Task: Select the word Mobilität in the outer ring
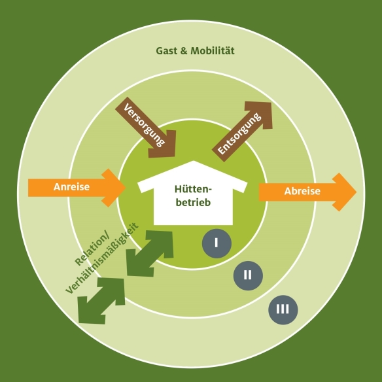point(213,50)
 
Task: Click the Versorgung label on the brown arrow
point(144,125)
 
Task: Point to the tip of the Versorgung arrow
point(175,156)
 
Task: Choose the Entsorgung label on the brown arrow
point(239,133)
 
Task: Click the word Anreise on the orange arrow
point(72,187)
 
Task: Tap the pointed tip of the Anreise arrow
point(126,188)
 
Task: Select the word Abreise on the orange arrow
point(302,191)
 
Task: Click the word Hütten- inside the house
point(193,189)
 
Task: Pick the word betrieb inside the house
point(193,203)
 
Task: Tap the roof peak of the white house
point(194,161)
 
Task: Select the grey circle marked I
point(217,243)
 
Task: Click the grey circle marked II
point(248,275)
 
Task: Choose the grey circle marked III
point(283,309)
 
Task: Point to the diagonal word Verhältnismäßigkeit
point(102,258)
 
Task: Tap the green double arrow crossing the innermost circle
point(150,254)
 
